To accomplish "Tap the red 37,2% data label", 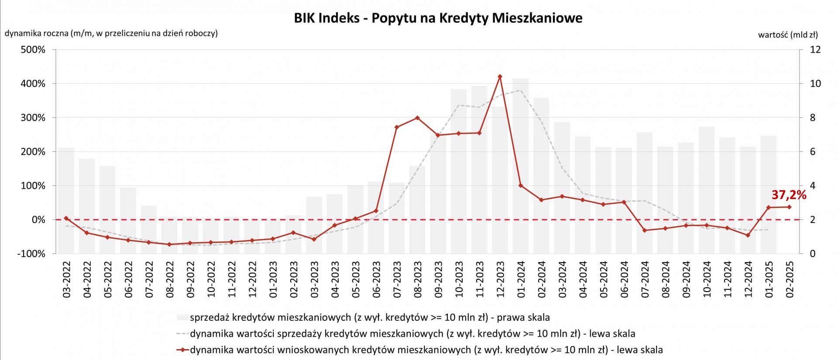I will point(789,195).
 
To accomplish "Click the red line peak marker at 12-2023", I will point(500,76).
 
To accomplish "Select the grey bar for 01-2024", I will point(521,166).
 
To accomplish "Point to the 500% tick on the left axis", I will point(33,50).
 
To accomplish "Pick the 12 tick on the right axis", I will point(815,50).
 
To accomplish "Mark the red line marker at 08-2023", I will point(417,118).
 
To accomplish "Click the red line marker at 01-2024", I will point(521,185).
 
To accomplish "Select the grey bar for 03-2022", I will point(66,200).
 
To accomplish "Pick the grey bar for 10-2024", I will point(707,190).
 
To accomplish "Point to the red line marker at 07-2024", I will point(645,230).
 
